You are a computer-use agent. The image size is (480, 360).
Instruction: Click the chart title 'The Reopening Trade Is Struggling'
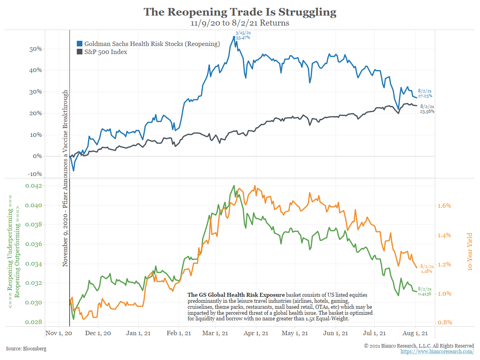pos(240,12)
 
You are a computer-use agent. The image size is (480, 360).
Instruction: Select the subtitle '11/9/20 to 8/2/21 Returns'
pos(240,23)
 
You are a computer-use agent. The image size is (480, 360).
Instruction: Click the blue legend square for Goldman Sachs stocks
pos(80,44)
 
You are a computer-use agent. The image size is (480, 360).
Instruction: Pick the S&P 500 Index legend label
pos(106,52)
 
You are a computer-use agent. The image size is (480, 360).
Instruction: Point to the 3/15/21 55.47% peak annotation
pos(242,35)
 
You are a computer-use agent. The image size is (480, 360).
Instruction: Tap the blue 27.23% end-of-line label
pos(425,93)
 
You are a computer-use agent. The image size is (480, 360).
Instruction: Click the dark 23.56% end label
pos(426,109)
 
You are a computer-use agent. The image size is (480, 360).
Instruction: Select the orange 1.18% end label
pos(426,268)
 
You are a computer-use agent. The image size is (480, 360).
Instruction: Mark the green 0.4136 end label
pos(425,291)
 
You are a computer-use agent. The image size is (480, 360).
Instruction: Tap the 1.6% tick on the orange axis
pos(444,206)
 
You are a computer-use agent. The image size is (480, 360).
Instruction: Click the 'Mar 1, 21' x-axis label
pos(216,333)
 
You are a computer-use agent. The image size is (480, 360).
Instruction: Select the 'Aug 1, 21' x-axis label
pos(415,333)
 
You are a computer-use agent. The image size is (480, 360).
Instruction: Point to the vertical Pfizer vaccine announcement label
pos(65,178)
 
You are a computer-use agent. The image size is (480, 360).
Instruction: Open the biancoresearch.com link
pos(437,351)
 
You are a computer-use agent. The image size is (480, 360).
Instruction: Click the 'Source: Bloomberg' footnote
pos(26,349)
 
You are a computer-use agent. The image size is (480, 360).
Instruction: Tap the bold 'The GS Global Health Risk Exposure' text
pos(236,295)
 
